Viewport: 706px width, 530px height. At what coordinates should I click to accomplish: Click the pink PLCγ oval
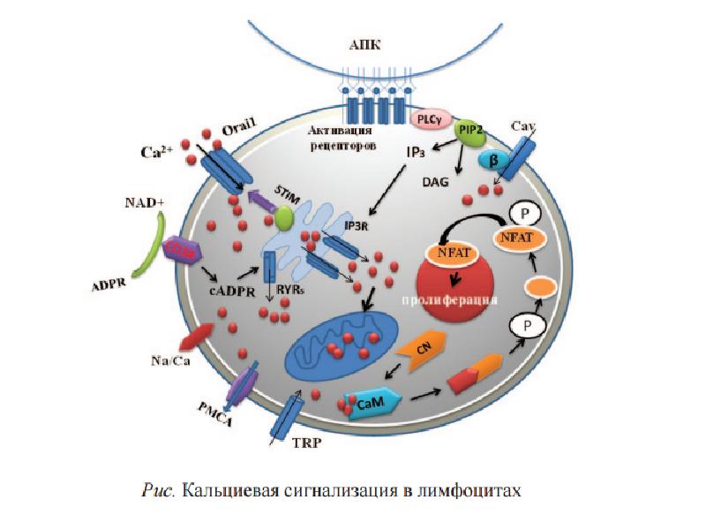click(431, 117)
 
